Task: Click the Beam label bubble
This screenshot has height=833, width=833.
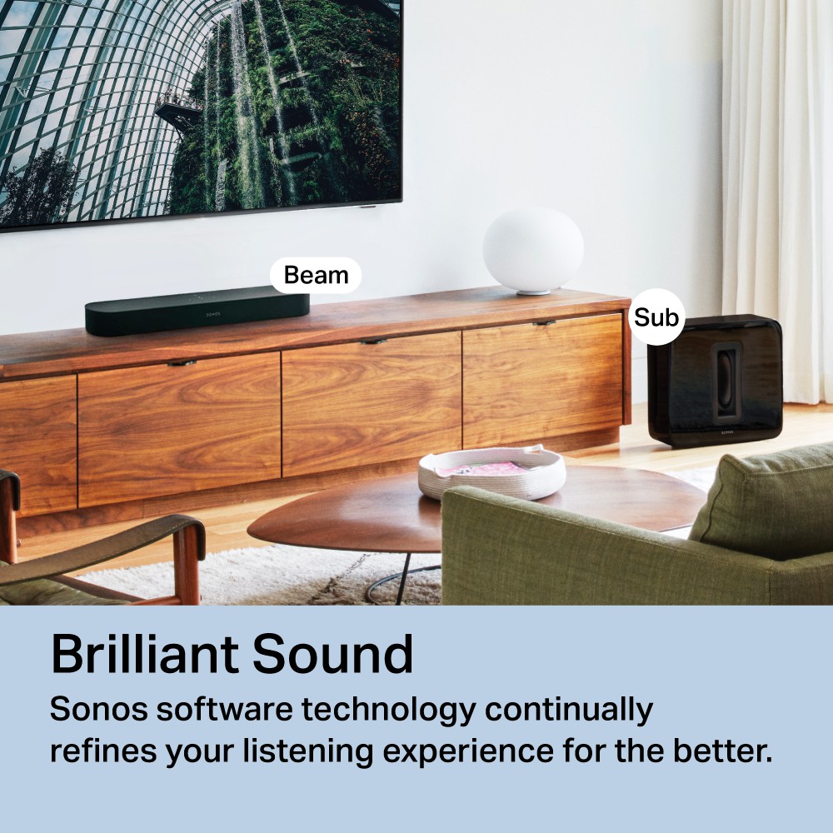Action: (x=316, y=275)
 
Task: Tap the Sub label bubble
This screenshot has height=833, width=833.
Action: (x=656, y=317)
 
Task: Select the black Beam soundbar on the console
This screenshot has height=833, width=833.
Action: (x=197, y=311)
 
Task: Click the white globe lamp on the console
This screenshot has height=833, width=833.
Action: (x=533, y=250)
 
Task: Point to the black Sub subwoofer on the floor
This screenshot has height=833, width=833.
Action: (x=715, y=381)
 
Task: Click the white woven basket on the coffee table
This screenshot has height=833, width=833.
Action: (x=491, y=472)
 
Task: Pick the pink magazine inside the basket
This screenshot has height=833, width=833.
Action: (x=481, y=470)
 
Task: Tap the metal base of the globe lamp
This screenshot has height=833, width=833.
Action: (x=534, y=292)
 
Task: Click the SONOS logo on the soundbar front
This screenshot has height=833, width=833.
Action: (x=212, y=315)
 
